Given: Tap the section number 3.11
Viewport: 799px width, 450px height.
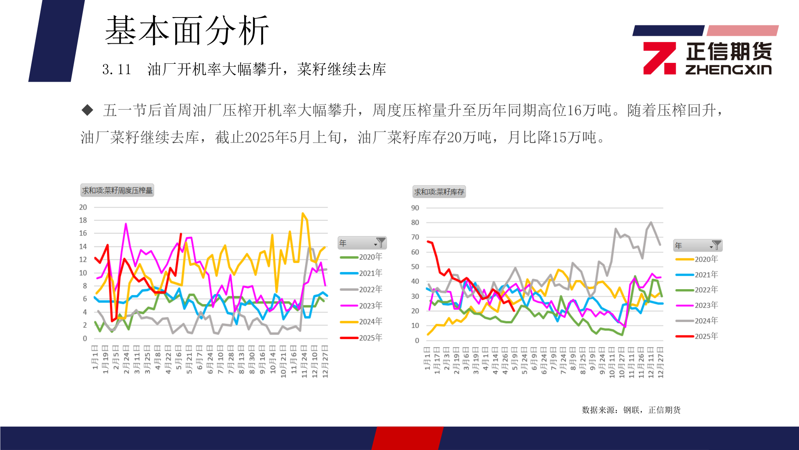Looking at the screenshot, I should (117, 70).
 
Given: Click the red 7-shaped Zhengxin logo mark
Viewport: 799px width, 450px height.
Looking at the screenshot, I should (659, 58).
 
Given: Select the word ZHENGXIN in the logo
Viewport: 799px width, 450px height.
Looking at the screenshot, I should (728, 70).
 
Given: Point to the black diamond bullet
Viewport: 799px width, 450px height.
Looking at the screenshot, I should (87, 110).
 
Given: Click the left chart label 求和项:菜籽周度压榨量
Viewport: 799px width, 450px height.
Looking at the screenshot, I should (117, 190).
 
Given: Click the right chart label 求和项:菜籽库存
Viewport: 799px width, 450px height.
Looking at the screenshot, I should (439, 192).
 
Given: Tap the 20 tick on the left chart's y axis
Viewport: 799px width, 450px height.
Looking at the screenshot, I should (83, 207).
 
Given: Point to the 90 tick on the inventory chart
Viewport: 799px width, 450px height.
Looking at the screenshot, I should (415, 208).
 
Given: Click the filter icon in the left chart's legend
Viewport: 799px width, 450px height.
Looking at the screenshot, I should (380, 243).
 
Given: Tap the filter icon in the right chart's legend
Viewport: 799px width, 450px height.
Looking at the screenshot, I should (716, 245).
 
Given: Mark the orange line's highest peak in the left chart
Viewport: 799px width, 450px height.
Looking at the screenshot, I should (303, 213).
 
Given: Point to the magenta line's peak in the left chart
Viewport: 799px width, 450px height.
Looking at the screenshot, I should (126, 224).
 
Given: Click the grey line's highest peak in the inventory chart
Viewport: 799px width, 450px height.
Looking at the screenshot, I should (651, 222).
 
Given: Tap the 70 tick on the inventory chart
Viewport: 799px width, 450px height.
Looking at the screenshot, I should (415, 237).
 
